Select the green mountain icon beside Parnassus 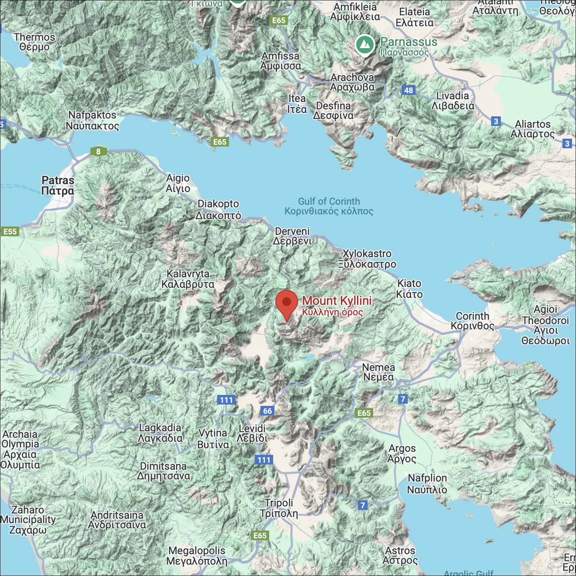coord(365,45)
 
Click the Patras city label coord(58,185)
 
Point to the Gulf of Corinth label coord(329,206)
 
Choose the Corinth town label coord(472,321)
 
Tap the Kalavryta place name coord(188,279)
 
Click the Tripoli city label coord(279,508)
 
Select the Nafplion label coord(427,484)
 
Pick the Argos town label coord(402,453)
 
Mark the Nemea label coord(378,372)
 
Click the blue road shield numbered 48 coord(409,90)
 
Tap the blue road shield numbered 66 coord(267,411)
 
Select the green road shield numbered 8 coord(98,151)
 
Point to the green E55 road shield coord(10,231)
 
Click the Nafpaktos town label coord(92,120)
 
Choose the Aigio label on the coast coord(178,183)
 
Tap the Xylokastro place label coord(367,259)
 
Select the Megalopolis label coord(197,556)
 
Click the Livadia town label coord(453,101)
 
